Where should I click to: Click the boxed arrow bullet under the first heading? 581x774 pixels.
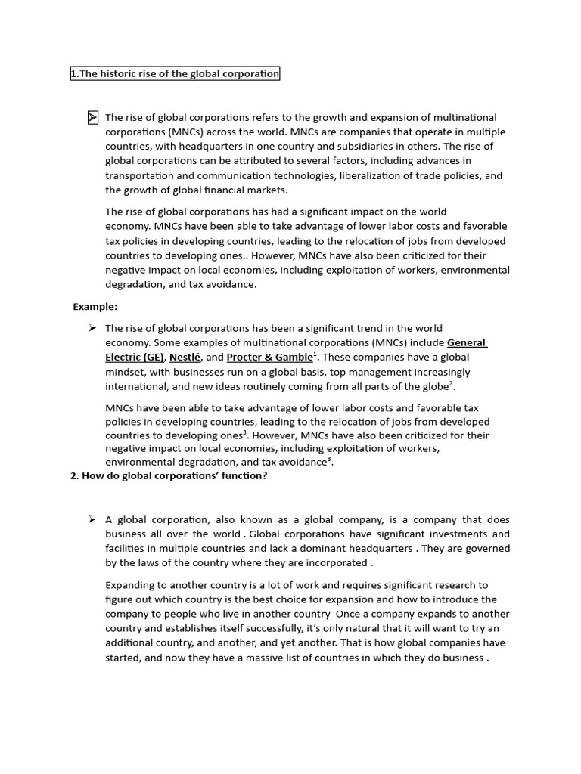pyautogui.click(x=92, y=117)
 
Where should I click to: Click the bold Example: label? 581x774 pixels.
pyautogui.click(x=95, y=306)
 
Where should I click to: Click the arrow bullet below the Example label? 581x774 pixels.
pyautogui.click(x=92, y=328)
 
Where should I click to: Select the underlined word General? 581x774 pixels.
pyautogui.click(x=467, y=342)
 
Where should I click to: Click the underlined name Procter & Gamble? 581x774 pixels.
pyautogui.click(x=269, y=357)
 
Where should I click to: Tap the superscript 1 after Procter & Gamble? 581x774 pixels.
pyautogui.click(x=315, y=354)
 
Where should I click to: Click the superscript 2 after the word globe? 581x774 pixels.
pyautogui.click(x=451, y=383)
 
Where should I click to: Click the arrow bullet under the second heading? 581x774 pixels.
pyautogui.click(x=92, y=519)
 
